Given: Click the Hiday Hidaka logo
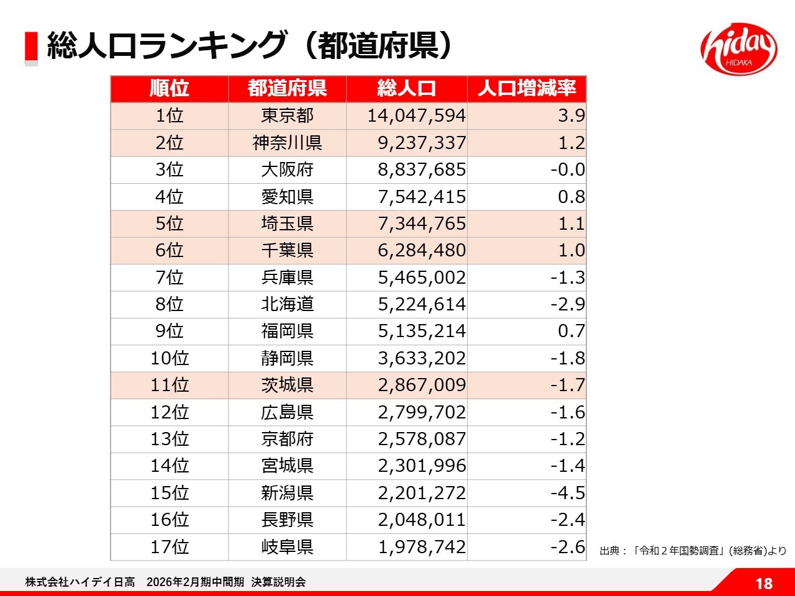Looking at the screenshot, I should click(738, 49).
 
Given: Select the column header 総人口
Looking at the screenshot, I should click(407, 89).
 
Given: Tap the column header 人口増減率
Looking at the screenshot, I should click(527, 89).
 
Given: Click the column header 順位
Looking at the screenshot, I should click(170, 89).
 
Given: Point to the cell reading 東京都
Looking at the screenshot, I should click(288, 116).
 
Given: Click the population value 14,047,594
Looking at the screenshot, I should click(416, 116).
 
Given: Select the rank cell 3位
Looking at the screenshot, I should click(170, 169).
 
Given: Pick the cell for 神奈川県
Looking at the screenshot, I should click(288, 143).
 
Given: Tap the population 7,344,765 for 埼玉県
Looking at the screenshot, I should click(422, 223).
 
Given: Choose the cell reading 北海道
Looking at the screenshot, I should click(288, 304).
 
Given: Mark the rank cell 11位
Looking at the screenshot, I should click(170, 385).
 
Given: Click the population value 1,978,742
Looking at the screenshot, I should click(422, 547).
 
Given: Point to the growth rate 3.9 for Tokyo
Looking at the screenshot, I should click(571, 116).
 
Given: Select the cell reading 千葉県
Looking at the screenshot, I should click(288, 250).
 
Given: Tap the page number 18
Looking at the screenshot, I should click(764, 584).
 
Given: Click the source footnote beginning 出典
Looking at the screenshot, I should click(693, 551).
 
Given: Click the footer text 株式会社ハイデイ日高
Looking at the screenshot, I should click(80, 582).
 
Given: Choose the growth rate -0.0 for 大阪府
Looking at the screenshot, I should click(568, 169).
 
